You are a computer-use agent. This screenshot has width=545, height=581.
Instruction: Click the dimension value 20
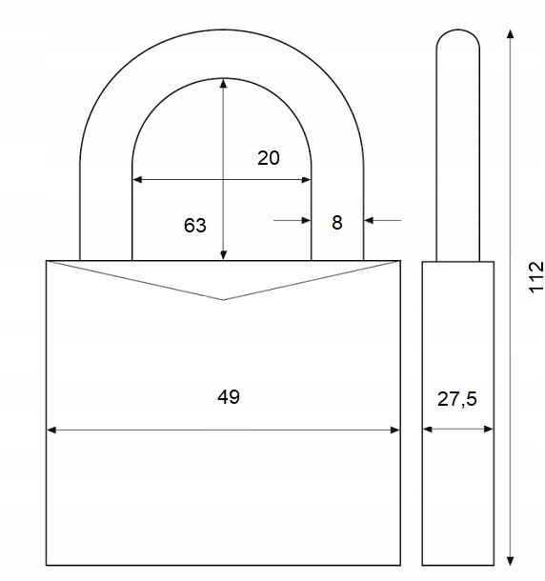point(269,158)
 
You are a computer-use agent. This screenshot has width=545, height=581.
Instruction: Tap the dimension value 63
point(195,226)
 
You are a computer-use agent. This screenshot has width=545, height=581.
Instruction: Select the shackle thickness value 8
point(337,223)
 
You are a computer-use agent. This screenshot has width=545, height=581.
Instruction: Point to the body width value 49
point(229,397)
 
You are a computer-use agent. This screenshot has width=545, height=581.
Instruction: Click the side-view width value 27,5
point(457,399)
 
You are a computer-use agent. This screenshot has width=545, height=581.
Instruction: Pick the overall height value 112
point(536,277)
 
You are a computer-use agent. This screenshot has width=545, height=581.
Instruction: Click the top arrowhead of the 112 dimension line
point(511,34)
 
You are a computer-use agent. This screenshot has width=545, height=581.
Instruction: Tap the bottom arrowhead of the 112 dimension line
point(511,561)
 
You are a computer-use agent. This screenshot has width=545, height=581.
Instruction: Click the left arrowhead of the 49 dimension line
point(51,430)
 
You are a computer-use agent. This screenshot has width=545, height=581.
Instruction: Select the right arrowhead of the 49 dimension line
point(395,430)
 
